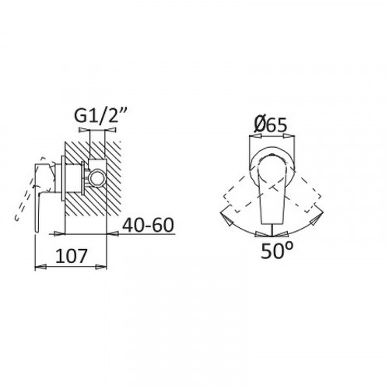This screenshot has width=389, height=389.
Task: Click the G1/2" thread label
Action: coord(100,115)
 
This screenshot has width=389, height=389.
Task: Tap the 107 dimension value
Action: coord(71,256)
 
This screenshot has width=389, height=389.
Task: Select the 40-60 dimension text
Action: coord(148,225)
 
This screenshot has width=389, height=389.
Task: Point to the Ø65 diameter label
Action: coord(271,125)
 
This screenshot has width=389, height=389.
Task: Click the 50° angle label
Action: coord(277,251)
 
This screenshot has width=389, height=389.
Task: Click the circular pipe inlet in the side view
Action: coord(96,178)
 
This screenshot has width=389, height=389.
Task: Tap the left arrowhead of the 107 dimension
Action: coord(40,266)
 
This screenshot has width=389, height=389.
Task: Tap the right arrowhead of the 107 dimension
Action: coord(100,267)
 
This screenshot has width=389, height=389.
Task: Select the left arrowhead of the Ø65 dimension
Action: coord(254,136)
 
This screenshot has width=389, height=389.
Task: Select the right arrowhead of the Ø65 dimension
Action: coord(289,136)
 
